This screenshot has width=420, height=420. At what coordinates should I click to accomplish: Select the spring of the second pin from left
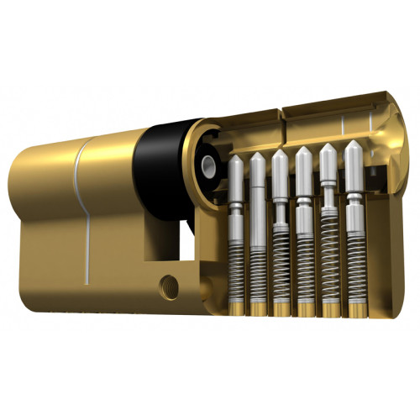click(x=259, y=265)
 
